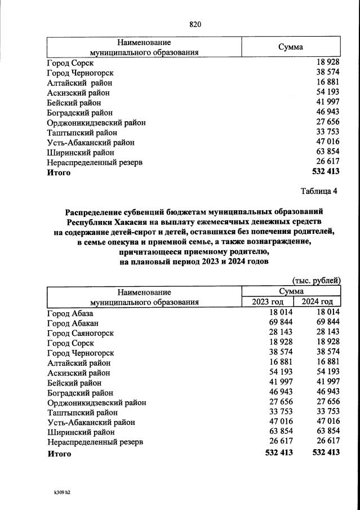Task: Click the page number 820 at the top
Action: (x=195, y=24)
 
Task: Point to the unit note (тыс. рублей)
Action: (x=316, y=280)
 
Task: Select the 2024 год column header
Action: (x=321, y=301)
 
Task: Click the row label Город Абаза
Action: (x=69, y=313)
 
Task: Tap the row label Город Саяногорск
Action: (x=80, y=333)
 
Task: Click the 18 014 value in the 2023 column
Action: (x=281, y=313)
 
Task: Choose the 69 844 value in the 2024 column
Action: (x=328, y=323)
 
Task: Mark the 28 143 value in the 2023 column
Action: (x=281, y=333)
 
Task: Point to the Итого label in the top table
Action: (x=59, y=172)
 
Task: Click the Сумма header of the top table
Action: (x=291, y=47)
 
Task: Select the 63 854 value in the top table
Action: (x=328, y=152)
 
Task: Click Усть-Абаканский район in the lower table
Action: (x=91, y=422)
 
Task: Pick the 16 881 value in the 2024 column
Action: (x=328, y=362)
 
